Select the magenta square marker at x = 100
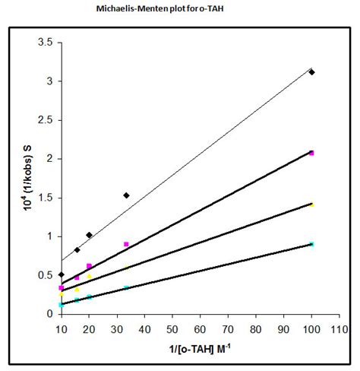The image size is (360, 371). tap(311, 153)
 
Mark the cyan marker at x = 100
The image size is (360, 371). tap(311, 244)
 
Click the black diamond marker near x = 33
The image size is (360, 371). tap(126, 195)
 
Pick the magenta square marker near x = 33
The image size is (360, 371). tap(126, 244)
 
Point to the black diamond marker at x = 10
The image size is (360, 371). tap(61, 274)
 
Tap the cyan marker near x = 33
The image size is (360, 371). tap(126, 287)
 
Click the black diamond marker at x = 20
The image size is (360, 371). tap(89, 235)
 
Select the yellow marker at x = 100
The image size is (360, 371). tap(311, 205)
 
